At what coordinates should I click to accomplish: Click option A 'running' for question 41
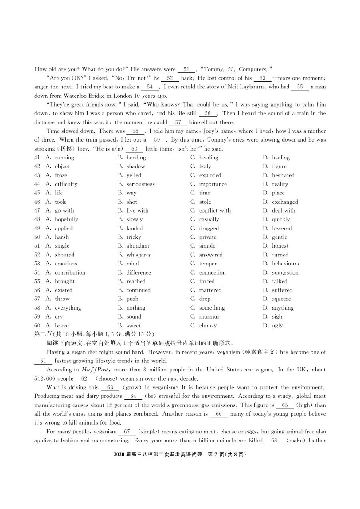pyautogui.click(x=64, y=158)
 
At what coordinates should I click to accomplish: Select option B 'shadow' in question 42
pyautogui.click(x=136, y=166)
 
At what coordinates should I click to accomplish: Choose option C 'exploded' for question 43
pyautogui.click(x=210, y=175)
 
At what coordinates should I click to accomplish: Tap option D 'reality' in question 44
pyautogui.click(x=280, y=184)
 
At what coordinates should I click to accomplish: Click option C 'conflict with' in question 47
pyautogui.click(x=215, y=211)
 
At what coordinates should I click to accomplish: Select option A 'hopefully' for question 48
pyautogui.click(x=66, y=220)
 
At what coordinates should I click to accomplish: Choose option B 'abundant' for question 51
pyautogui.click(x=138, y=246)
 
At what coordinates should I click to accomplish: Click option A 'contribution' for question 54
pyautogui.click(x=70, y=273)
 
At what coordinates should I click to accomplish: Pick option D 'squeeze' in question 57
pyautogui.click(x=281, y=299)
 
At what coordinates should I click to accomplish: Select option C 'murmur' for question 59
pyautogui.click(x=209, y=317)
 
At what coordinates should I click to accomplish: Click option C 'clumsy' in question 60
pyautogui.click(x=208, y=326)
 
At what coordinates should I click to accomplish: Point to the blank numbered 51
pyautogui.click(x=186, y=70)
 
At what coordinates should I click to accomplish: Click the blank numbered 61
pyautogui.click(x=44, y=361)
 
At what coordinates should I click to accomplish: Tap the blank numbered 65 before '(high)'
pyautogui.click(x=285, y=405)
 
